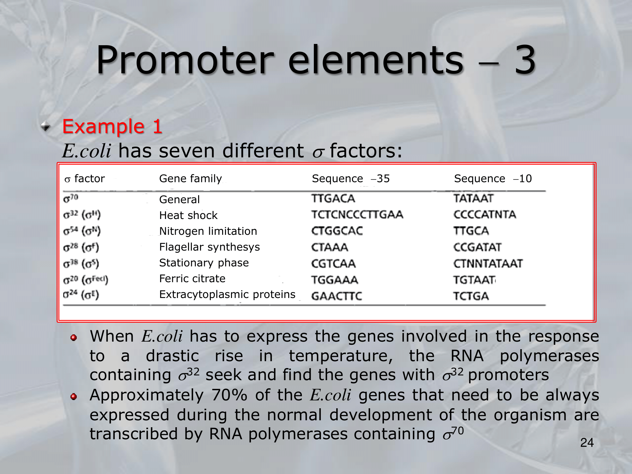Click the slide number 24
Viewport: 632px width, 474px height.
[587, 443]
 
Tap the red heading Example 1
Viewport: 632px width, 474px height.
[112, 126]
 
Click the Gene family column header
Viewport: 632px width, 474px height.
[191, 179]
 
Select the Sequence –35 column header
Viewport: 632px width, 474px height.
[351, 179]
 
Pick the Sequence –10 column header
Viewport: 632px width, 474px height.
[493, 179]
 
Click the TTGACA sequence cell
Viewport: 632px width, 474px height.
[333, 198]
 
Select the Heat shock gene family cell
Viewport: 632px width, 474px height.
[188, 215]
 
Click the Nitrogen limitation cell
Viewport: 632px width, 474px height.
[208, 231]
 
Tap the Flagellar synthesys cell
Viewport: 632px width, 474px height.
[210, 247]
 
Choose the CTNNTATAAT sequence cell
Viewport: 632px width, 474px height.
[488, 264]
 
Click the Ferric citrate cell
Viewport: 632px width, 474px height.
[192, 278]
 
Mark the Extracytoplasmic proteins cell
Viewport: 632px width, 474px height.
[227, 295]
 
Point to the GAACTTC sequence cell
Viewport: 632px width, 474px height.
[337, 296]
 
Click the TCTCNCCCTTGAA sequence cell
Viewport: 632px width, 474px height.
[357, 215]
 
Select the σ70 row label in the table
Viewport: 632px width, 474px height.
[71, 198]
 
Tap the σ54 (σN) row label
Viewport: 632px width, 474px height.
[82, 231]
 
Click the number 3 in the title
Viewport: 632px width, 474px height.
[525, 60]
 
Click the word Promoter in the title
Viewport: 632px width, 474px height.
[185, 60]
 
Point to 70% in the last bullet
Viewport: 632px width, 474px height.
[229, 395]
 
